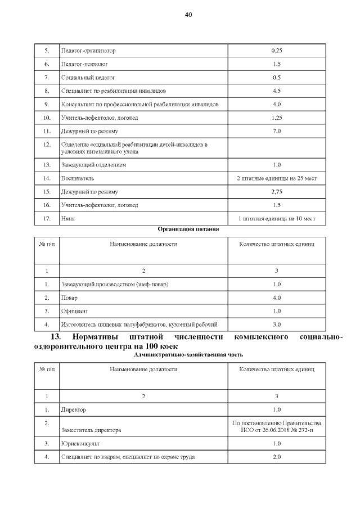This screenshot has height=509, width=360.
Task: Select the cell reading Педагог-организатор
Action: point(88,51)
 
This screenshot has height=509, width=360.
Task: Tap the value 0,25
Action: point(276,51)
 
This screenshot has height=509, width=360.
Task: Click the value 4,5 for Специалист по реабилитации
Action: point(276,91)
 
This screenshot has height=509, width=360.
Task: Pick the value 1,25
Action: point(276,118)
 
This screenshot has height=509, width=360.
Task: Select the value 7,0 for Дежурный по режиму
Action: point(276,131)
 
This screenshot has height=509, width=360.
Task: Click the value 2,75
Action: point(276,192)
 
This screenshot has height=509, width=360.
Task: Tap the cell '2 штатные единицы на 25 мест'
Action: point(277,178)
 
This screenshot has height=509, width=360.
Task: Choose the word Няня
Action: point(68,219)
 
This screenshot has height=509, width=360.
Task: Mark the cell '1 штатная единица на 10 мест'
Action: point(277,219)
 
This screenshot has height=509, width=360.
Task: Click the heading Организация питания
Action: point(188,229)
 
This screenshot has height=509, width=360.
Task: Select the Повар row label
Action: point(70,297)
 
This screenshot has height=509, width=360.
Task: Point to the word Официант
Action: point(74,310)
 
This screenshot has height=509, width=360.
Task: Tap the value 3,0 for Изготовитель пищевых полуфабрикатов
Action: point(276,324)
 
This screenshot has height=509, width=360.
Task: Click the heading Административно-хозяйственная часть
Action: point(188,355)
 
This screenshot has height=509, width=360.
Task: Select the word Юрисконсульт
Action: point(80,444)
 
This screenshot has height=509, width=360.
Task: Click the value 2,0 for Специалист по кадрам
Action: point(276,457)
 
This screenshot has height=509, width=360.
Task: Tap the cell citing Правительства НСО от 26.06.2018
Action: point(277,426)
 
